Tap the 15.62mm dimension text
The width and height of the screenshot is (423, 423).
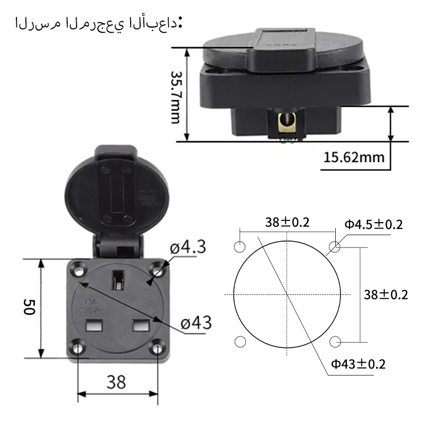(x=354, y=157)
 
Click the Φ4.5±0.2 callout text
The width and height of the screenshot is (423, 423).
(x=374, y=224)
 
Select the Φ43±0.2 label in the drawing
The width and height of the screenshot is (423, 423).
(x=358, y=364)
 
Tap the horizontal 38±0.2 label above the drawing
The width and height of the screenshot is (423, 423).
(x=287, y=223)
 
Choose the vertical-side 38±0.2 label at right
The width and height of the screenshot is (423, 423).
(x=385, y=295)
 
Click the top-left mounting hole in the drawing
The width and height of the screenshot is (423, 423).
(x=239, y=247)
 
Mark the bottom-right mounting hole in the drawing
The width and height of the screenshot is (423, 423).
(x=334, y=342)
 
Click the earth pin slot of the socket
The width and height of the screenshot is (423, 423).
(x=117, y=280)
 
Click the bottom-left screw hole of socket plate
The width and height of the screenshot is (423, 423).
(x=79, y=347)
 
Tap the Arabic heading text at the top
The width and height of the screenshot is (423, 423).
(x=98, y=24)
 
